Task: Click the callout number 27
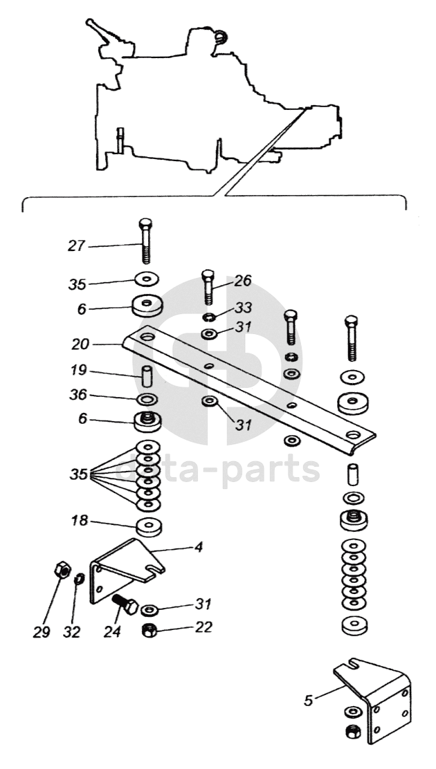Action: [77, 245]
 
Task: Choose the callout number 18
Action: [80, 521]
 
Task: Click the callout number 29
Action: [42, 632]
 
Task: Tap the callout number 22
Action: [203, 627]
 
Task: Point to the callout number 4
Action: [198, 548]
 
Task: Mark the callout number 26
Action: [242, 281]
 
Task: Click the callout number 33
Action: [242, 306]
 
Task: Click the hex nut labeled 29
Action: [59, 571]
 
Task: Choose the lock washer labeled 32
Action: [79, 577]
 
